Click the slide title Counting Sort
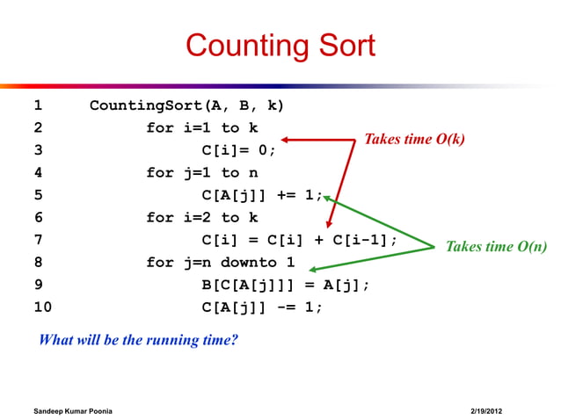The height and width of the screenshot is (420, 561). (280, 45)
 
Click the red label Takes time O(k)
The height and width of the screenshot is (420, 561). (414, 140)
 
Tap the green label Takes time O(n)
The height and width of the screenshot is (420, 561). (497, 247)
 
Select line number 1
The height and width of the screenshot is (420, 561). (37, 106)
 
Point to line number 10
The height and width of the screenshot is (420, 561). (42, 308)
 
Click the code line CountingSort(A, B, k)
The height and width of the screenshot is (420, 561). (186, 106)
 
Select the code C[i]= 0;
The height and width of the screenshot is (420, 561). (238, 151)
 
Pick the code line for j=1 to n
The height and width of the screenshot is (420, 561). (201, 173)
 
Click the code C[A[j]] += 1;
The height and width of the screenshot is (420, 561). (262, 196)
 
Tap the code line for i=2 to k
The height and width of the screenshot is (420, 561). (201, 218)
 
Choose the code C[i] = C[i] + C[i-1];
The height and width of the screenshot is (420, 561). (299, 240)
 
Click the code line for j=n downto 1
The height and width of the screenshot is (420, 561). (220, 263)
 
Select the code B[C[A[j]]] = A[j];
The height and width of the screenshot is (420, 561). (285, 285)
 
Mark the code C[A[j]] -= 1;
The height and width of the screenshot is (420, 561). (262, 308)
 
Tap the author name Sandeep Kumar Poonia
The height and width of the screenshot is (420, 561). (72, 411)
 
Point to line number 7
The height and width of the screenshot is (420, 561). (37, 240)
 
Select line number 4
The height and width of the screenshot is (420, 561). (37, 173)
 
